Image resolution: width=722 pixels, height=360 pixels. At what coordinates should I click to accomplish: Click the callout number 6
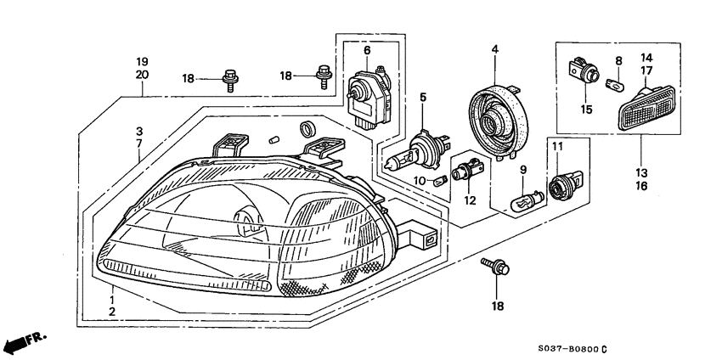(x=367, y=51)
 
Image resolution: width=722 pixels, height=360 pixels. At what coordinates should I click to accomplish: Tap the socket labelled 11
(x=562, y=185)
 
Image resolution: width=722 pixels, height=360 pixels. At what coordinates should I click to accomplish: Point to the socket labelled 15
(x=582, y=72)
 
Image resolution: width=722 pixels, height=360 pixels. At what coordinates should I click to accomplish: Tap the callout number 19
(x=142, y=62)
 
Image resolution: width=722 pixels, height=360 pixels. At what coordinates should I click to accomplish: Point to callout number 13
(x=640, y=170)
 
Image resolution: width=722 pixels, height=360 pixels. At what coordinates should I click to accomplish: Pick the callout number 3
(x=139, y=132)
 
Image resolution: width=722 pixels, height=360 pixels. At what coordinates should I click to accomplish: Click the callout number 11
(x=557, y=148)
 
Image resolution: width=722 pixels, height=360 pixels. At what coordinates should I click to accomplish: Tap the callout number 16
(x=640, y=184)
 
